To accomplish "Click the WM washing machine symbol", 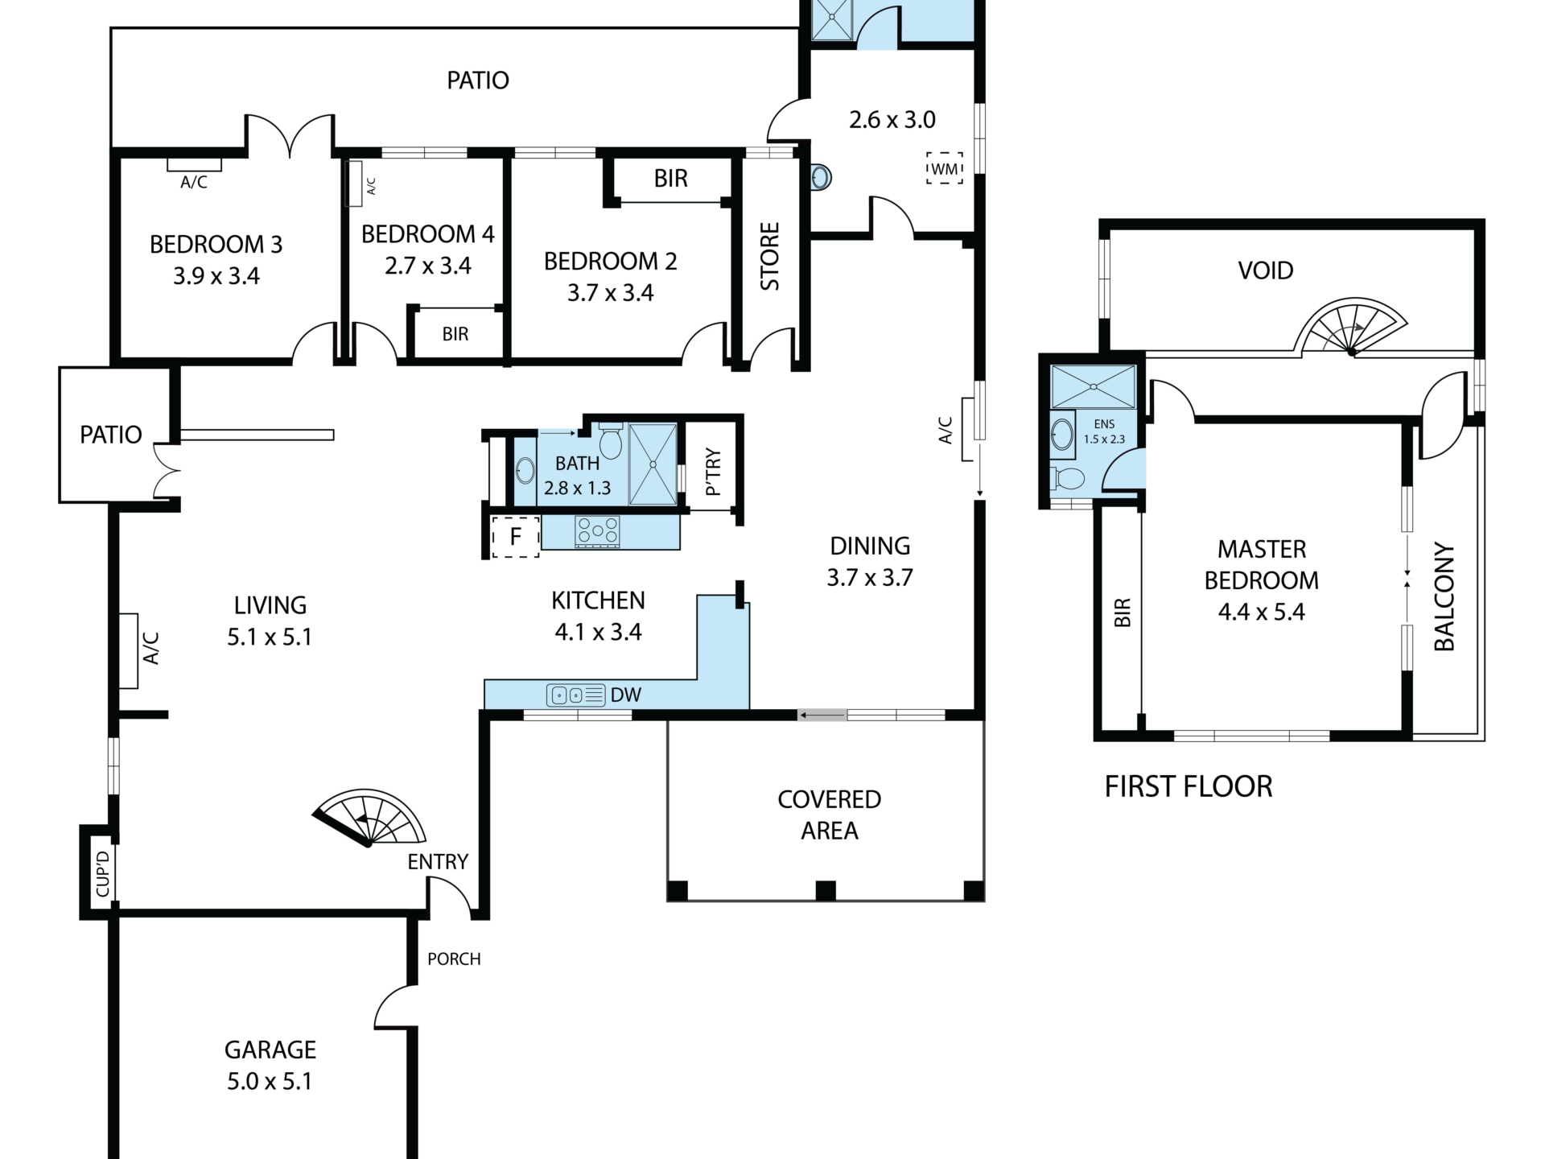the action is coord(945,168).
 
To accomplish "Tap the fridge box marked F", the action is coord(515,536).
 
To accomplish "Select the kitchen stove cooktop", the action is coord(598,532).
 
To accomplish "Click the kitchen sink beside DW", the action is coord(575,695).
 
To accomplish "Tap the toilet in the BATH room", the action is coord(611,439).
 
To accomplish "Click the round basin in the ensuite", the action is coord(1062,435).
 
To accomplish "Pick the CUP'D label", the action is coord(102,873).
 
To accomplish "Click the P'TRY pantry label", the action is coord(713,472).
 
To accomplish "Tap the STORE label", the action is coord(770,256).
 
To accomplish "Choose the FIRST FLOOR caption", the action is coord(1189,786).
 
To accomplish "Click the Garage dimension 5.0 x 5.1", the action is coord(270,1081).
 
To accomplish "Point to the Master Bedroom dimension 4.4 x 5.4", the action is coord(1262,612).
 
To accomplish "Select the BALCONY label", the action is coord(1444,596).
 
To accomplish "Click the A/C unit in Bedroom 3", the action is coord(194,165).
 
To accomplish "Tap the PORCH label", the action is coord(454,959).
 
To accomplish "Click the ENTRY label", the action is coord(438,862).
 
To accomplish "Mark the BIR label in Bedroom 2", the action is coord(671,179).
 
